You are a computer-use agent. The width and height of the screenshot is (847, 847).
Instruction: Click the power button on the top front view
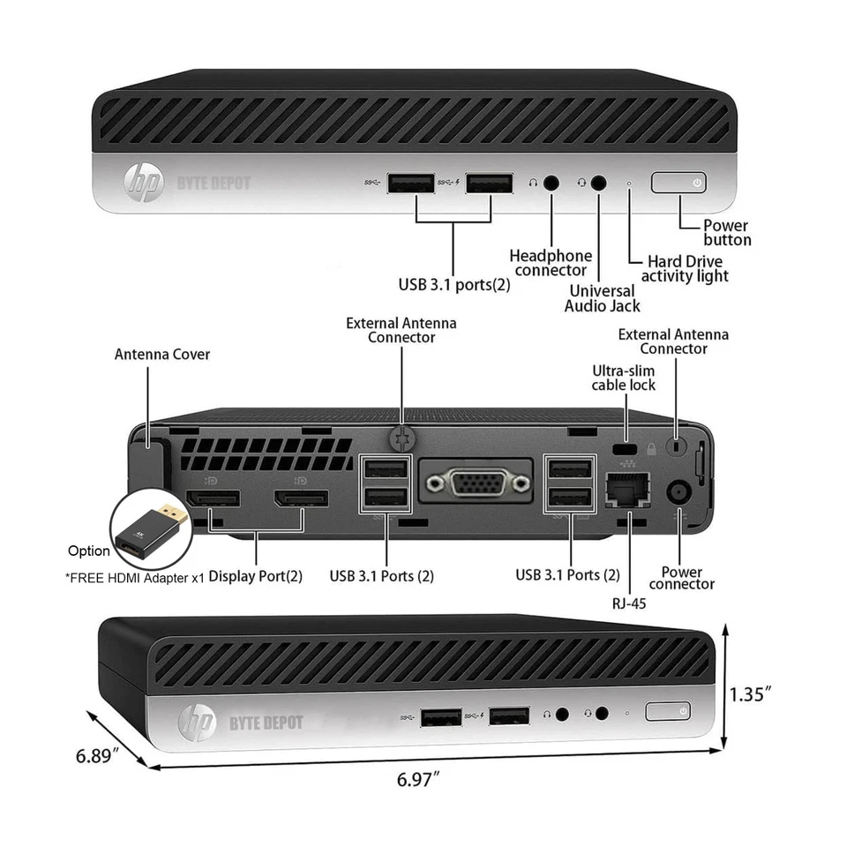679,183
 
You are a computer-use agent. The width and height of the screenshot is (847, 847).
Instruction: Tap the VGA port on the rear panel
476,482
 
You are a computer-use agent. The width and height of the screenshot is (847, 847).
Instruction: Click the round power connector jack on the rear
678,492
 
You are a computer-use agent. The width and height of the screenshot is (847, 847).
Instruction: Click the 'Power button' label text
727,233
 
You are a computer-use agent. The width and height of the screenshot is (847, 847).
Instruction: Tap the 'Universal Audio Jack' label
602,298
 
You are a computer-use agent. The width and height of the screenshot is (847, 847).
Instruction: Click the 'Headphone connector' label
551,263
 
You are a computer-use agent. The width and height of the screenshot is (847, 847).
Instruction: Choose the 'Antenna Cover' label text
162,355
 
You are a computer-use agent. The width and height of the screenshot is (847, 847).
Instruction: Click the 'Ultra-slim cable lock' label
623,378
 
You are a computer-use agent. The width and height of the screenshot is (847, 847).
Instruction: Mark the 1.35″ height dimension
751,693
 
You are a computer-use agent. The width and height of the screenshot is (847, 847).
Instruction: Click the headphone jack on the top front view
551,183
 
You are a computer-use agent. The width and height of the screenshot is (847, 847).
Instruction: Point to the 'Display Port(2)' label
255,576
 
